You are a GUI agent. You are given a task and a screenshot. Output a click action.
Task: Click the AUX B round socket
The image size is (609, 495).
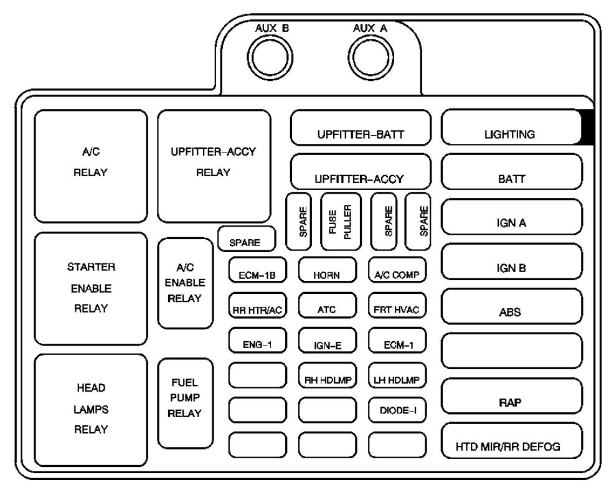270,58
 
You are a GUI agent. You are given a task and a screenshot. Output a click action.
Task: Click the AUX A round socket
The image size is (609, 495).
371,58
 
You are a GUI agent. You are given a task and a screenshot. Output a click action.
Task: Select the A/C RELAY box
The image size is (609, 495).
91,166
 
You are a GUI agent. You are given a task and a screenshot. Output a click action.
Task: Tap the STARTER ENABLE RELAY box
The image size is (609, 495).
91,288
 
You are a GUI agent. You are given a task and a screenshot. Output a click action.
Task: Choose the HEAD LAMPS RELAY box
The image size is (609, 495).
91,410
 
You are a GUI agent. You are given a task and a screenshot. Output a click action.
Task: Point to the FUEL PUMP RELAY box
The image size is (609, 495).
186,403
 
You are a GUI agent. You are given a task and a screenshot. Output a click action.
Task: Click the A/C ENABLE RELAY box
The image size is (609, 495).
186,283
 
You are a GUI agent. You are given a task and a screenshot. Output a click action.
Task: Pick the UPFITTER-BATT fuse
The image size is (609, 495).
361,128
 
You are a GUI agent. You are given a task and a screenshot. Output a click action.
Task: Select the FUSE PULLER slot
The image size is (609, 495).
341,222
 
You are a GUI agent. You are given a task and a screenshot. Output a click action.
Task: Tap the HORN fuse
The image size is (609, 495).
328,270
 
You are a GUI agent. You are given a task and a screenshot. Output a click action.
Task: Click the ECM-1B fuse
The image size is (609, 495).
258,270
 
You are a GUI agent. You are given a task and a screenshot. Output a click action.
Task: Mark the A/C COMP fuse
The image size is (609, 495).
397,270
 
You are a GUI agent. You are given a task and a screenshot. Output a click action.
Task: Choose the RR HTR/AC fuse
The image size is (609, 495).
258,305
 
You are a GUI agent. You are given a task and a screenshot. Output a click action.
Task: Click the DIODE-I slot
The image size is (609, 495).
397,410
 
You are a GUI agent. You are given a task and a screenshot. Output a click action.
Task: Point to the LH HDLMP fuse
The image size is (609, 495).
397,375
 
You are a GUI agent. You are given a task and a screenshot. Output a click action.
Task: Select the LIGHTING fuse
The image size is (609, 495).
511,127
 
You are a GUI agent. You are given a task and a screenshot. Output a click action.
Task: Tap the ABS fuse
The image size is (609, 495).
511,306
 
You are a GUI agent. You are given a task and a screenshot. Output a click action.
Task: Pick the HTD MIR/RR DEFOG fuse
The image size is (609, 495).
511,441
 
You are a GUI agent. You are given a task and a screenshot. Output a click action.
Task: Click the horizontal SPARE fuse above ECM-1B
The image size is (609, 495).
247,238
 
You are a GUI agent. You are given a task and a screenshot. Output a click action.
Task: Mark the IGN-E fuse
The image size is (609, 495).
328,340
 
